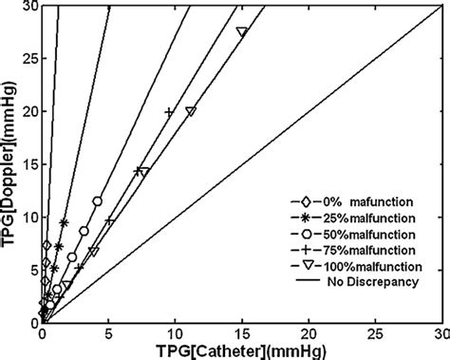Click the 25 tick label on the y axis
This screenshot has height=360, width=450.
point(28,58)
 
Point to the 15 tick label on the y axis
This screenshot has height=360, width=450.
point(28,164)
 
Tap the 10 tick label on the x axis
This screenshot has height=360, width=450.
point(175,334)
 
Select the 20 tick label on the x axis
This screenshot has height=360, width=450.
point(309,334)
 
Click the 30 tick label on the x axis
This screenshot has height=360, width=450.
point(441,334)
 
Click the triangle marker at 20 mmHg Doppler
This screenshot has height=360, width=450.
point(191,111)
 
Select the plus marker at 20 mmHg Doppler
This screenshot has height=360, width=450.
point(169,112)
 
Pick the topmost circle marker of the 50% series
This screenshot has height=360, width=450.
point(98,201)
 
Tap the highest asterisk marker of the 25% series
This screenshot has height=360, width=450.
point(64,223)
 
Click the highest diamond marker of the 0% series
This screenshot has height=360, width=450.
point(47,246)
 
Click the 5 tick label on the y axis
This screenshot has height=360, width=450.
point(31,271)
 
